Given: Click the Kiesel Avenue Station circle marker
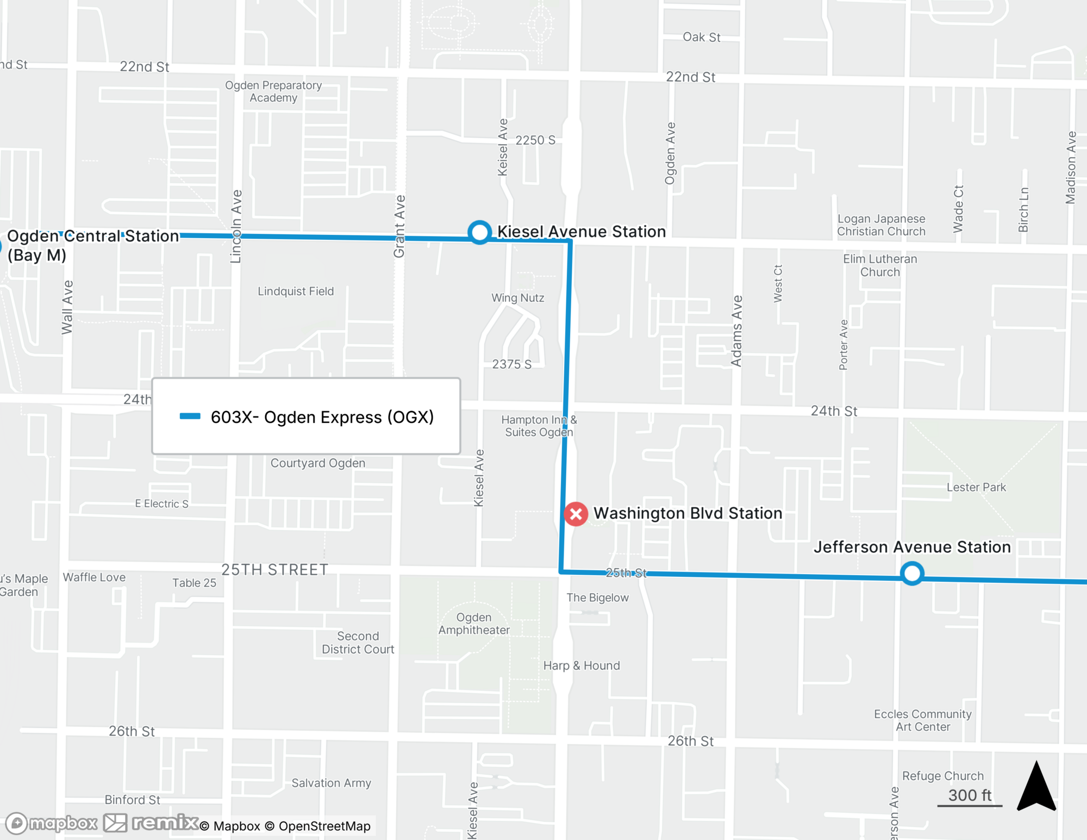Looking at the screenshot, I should (x=479, y=232).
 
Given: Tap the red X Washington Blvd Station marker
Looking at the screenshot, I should (x=576, y=514).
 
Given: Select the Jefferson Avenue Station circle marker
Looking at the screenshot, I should (x=912, y=573).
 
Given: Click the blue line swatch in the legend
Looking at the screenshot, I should (x=190, y=416).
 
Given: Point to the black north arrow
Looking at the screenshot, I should (x=1036, y=787).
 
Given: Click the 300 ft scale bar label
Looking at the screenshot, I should (x=970, y=795).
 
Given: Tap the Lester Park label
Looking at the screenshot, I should (x=976, y=487).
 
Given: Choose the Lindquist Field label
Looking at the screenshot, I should (x=296, y=291).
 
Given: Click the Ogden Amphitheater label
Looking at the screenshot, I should (x=474, y=624).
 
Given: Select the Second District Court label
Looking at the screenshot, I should (x=358, y=643).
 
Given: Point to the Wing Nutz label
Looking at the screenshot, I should (x=517, y=298).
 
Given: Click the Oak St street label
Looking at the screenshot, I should (x=701, y=37).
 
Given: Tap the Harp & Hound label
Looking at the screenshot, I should (x=582, y=665).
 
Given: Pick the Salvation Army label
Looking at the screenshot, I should (x=331, y=783).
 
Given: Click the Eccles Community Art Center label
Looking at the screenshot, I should (x=922, y=720).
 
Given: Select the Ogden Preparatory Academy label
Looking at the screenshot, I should (x=273, y=91).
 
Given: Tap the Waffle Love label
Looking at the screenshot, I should (x=94, y=577).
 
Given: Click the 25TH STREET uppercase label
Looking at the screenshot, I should (x=274, y=570).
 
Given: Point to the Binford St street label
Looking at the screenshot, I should (x=132, y=800).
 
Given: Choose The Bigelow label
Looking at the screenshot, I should (x=597, y=598).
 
